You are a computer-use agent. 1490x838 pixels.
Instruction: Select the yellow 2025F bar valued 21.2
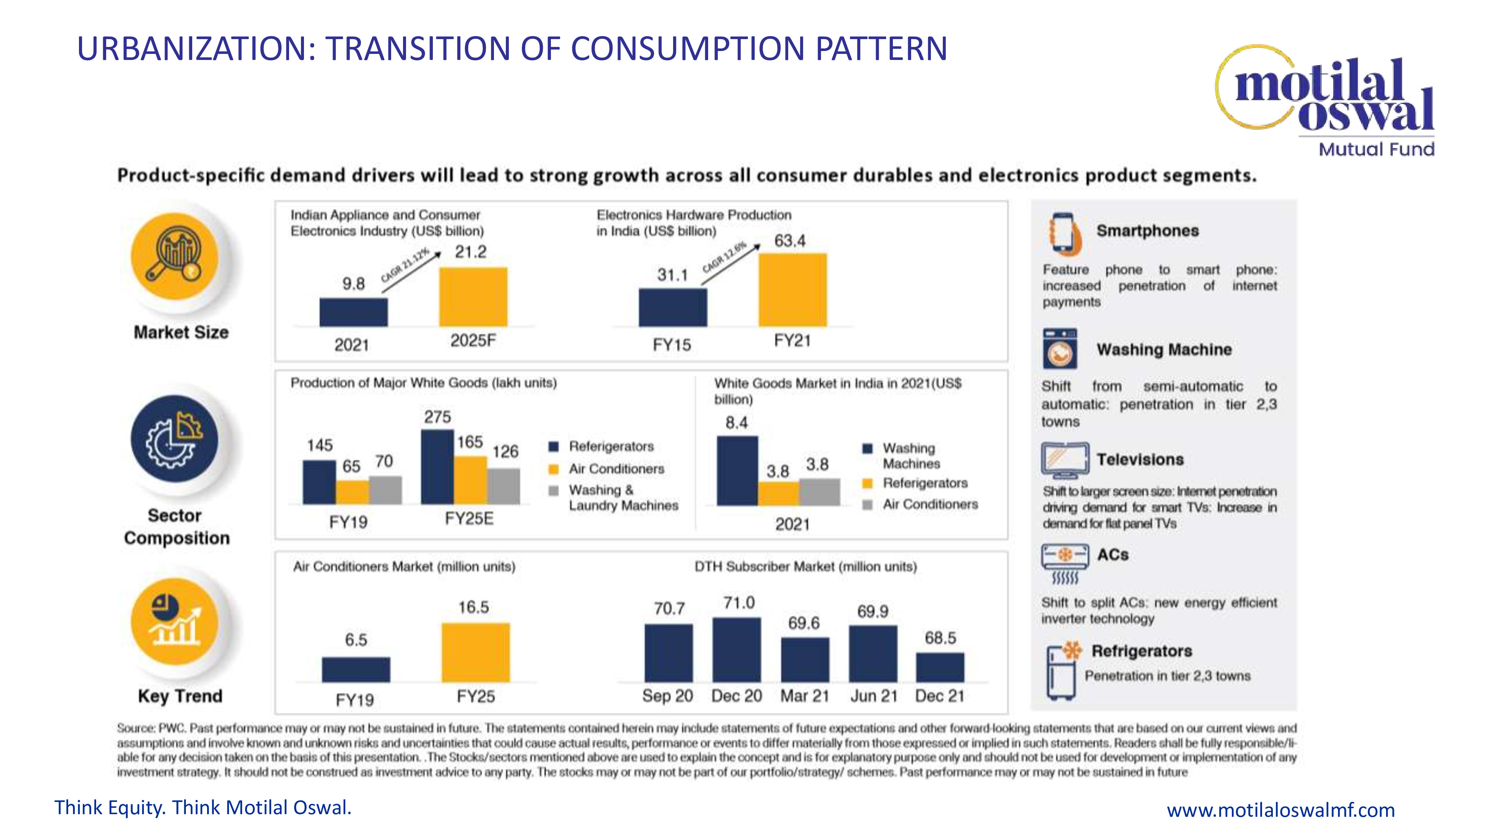pyautogui.click(x=473, y=297)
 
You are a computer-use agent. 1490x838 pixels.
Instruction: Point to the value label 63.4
pyautogui.click(x=790, y=241)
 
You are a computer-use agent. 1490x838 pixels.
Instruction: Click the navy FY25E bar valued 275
pyautogui.click(x=437, y=467)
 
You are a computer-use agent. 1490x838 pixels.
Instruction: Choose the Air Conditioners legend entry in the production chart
pyautogui.click(x=616, y=469)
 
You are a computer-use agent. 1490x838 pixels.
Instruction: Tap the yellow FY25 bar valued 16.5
pyautogui.click(x=475, y=653)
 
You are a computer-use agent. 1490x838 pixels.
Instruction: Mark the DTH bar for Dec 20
pyautogui.click(x=736, y=650)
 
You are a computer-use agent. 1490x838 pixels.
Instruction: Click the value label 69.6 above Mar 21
pyautogui.click(x=803, y=623)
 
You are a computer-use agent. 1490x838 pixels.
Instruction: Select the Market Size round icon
pyautogui.click(x=175, y=256)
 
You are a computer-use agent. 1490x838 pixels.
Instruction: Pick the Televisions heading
pyautogui.click(x=1140, y=459)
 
